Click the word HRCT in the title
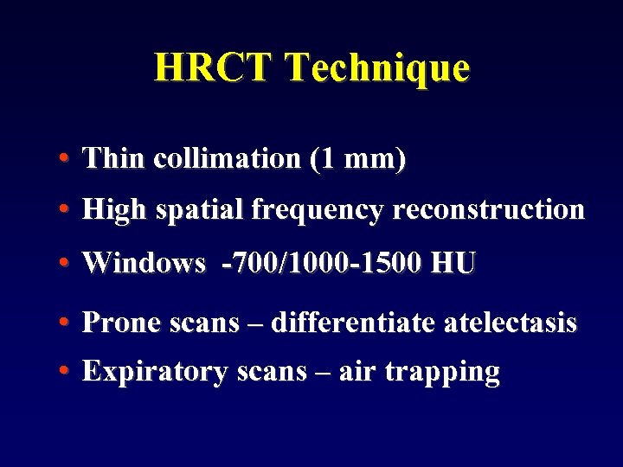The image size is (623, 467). coord(213,67)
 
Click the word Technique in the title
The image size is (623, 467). coord(376,67)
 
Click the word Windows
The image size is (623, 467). coord(144,264)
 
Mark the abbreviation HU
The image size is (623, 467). coord(453,264)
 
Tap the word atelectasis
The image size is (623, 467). coord(510,323)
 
